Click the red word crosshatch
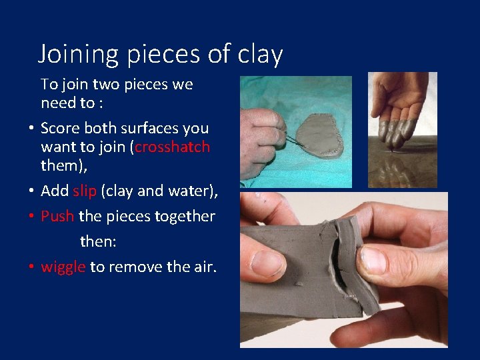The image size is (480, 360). click(x=172, y=147)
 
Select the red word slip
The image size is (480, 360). click(x=85, y=191)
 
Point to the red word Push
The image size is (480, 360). click(x=57, y=216)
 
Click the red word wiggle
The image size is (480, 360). click(x=63, y=267)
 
